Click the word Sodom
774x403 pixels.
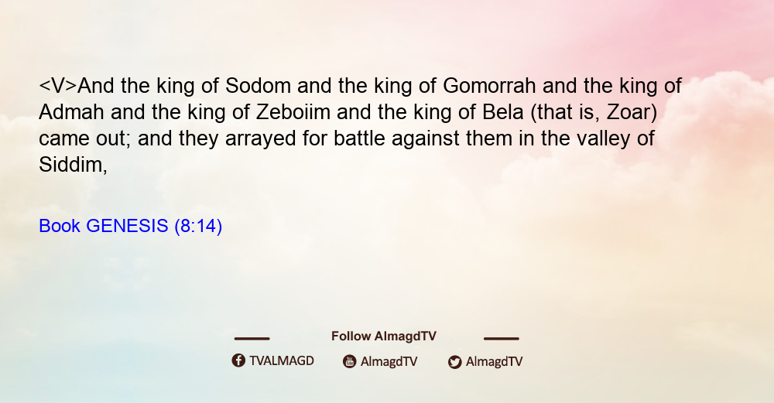[259, 86]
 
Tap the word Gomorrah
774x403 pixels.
[489, 86]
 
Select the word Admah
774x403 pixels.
[71, 112]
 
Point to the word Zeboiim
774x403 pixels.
[293, 112]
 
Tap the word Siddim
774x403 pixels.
[73, 165]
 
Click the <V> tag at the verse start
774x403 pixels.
[58, 86]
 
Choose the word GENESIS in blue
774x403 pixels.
[128, 226]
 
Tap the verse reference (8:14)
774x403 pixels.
[198, 227]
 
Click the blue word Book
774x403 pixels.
[60, 226]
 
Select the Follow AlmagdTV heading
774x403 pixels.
[384, 336]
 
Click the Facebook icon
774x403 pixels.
[238, 360]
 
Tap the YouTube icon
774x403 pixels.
[350, 361]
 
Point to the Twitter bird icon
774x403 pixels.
[454, 362]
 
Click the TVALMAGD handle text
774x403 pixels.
[282, 360]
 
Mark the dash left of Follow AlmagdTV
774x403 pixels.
[252, 339]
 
